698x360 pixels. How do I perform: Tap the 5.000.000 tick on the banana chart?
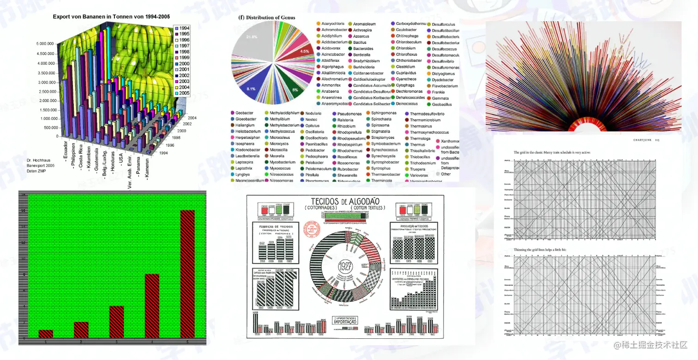(x=48, y=44)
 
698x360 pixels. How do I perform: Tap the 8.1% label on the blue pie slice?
(x=251, y=88)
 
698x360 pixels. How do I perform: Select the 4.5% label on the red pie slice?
(x=304, y=51)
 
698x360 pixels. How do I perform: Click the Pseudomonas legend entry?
(x=348, y=113)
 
